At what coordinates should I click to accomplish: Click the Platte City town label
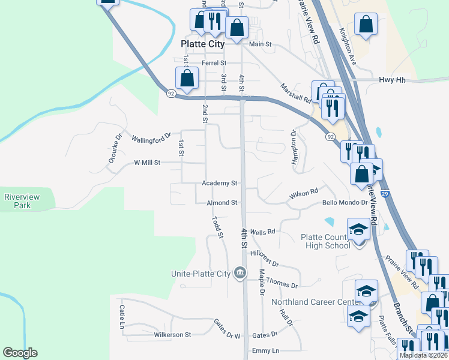[x=203, y=44]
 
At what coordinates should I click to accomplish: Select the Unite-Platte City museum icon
[x=240, y=274]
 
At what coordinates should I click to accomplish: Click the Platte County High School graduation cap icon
[x=359, y=229]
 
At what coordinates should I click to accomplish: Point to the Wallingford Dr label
[x=152, y=139]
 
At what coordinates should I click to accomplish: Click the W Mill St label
[x=147, y=163]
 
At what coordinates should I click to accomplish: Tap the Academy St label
[x=220, y=183]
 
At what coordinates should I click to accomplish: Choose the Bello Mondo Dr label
[x=345, y=203]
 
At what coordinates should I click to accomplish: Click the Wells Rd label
[x=262, y=232]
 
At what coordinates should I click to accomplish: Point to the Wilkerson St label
[x=172, y=334]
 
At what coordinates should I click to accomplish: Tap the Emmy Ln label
[x=266, y=350]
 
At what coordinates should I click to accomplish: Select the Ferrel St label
[x=214, y=62]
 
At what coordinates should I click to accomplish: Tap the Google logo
[x=20, y=353]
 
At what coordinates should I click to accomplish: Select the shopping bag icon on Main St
[x=237, y=27]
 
